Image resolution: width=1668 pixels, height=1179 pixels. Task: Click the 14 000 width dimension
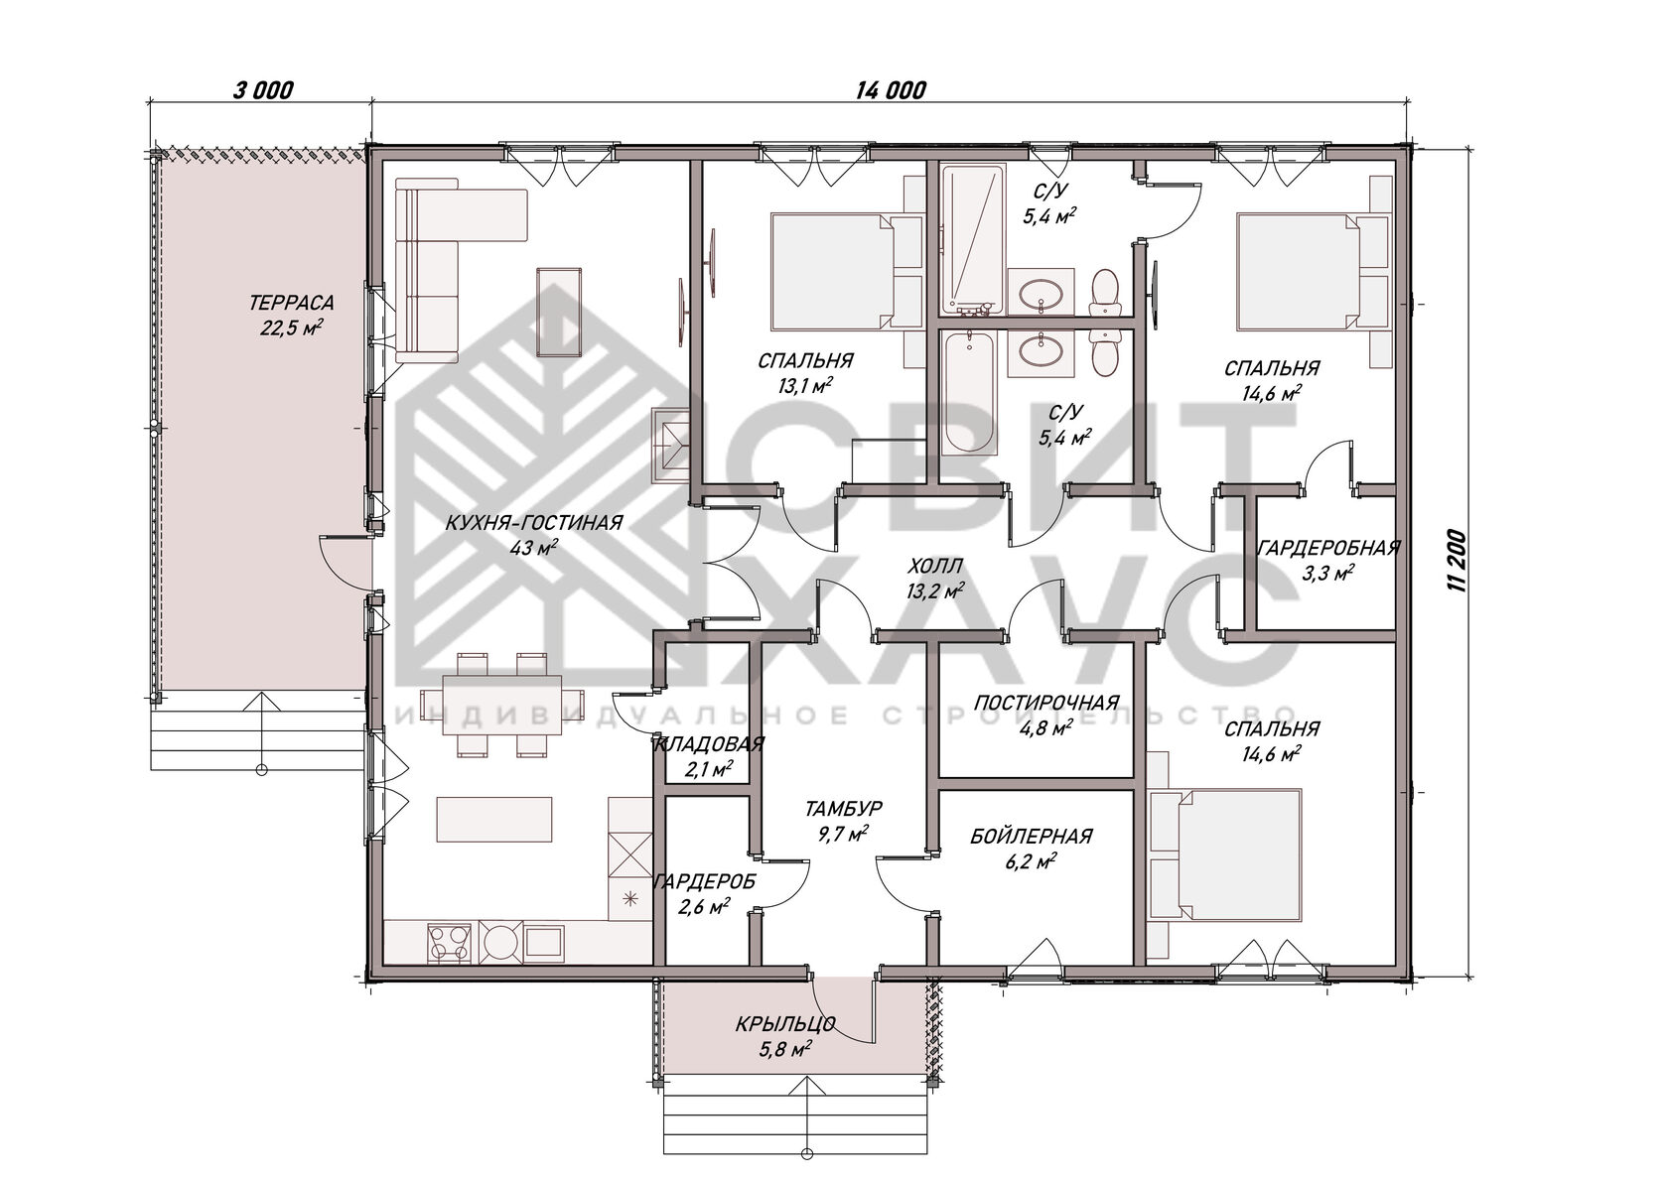point(891,90)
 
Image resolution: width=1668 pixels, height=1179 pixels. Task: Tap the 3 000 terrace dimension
point(264,90)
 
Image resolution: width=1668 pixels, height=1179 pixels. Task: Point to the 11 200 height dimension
point(1458,561)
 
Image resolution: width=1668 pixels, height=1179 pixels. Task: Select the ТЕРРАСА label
point(291,303)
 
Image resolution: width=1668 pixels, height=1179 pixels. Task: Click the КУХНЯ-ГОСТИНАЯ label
point(534,522)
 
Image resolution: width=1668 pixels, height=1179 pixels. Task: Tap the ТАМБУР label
point(844,808)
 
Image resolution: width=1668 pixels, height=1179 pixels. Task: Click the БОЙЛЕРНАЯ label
point(1032,837)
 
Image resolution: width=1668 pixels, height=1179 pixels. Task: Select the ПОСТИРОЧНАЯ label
point(1046,703)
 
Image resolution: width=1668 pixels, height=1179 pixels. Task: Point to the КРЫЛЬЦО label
point(785,1025)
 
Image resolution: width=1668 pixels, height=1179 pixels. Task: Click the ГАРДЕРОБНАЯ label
point(1328,549)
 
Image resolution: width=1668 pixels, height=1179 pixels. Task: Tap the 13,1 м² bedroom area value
point(805,385)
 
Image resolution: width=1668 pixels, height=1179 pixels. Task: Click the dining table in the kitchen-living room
point(502,705)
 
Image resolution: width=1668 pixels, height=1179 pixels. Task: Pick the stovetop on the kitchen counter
point(449,943)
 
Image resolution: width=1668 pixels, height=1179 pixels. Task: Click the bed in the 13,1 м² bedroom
point(832,272)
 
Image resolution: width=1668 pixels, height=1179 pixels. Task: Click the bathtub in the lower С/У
point(969,394)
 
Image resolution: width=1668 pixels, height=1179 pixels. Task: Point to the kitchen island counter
point(494,820)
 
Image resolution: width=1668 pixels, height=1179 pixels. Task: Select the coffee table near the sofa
point(558,312)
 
